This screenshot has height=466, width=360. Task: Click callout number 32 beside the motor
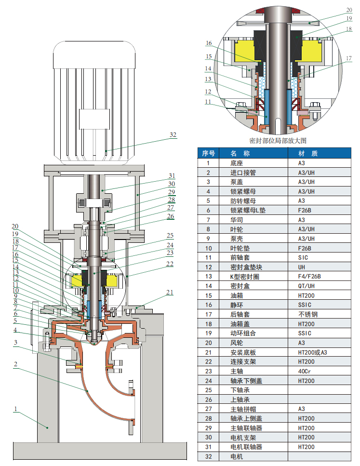[173, 134]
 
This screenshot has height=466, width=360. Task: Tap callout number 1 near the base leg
[16, 409]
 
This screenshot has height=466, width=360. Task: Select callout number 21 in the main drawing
[170, 292]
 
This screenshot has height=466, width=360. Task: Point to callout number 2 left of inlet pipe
[15, 364]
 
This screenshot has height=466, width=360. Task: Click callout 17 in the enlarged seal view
[349, 58]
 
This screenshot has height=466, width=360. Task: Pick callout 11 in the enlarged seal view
[208, 102]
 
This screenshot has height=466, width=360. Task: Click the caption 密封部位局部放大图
[278, 141]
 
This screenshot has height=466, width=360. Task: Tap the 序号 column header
[208, 153]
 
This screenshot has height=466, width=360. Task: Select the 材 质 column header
[308, 153]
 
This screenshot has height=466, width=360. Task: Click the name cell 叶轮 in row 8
[237, 229]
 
